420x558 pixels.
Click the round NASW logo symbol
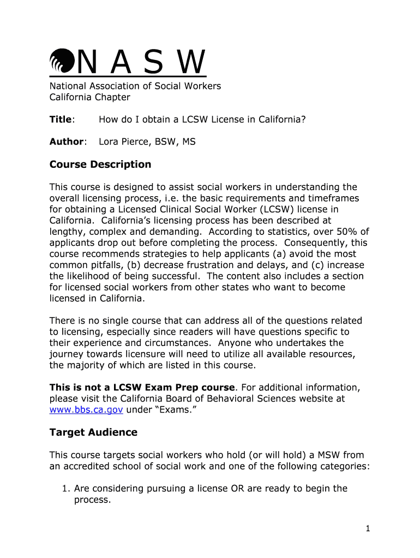coord(61,60)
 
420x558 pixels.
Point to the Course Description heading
coord(100,164)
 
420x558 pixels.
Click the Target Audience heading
coord(93,432)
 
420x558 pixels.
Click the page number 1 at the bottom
coord(369,528)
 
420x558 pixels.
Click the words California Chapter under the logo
coord(90,97)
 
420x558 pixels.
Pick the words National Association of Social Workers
coord(135,86)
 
